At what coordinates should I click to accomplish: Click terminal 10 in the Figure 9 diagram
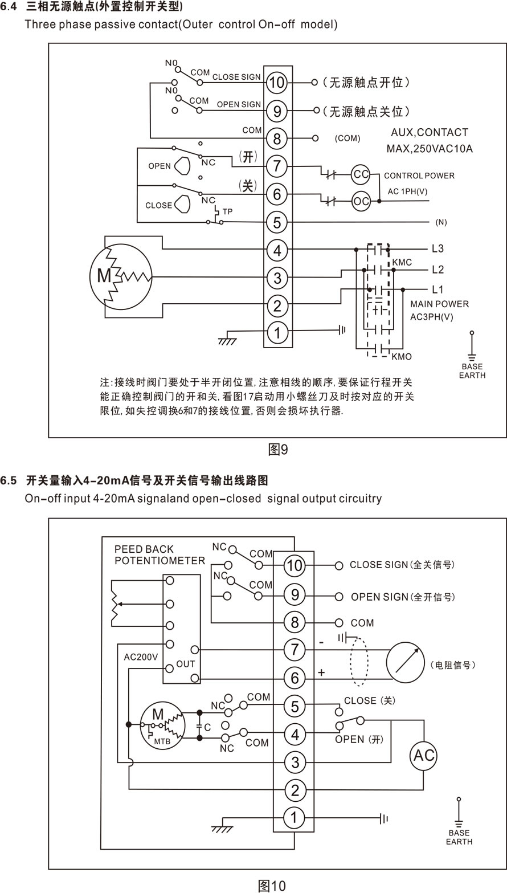coord(277,83)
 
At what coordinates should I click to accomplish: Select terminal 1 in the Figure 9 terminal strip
coord(277,333)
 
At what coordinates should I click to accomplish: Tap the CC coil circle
coord(361,174)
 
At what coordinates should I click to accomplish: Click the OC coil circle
coord(361,201)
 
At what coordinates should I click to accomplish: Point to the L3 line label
coord(438,249)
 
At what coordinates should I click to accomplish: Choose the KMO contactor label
coord(402,357)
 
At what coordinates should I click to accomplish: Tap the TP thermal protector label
coord(227,211)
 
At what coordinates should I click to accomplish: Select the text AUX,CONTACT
coord(430,132)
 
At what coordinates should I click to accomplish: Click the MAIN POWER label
coord(440,304)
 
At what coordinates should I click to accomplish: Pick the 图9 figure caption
coord(278,450)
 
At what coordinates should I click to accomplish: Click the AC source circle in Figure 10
coord(423,756)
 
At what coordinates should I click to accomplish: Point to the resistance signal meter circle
coord(406,663)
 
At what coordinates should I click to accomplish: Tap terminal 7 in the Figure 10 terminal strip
coord(295,650)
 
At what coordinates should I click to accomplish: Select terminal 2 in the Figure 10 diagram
coord(295,790)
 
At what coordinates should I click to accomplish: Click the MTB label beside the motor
coord(162,741)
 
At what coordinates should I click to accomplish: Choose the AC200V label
coord(141,657)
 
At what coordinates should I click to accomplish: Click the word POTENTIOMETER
coord(160,561)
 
